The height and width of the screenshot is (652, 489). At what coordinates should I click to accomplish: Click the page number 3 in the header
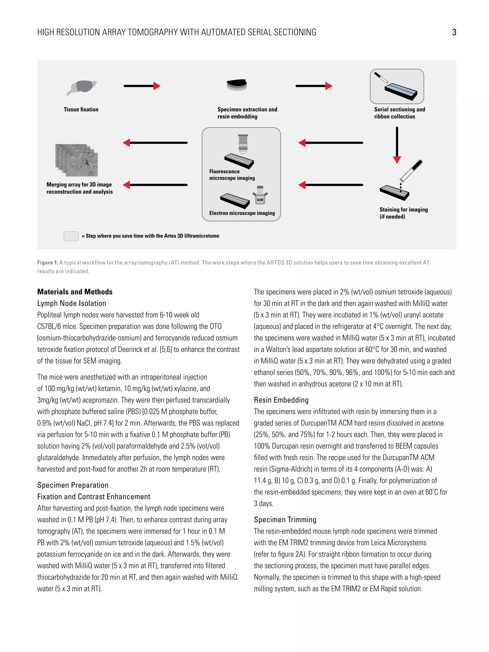(x=454, y=32)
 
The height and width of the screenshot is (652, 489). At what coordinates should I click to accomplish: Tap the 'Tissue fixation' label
(x=81, y=109)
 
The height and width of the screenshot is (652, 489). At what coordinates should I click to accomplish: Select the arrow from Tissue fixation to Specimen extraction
(x=142, y=86)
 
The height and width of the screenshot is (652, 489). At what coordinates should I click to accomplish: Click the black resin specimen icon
(x=236, y=85)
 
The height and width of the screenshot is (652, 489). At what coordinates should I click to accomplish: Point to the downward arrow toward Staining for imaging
(x=397, y=145)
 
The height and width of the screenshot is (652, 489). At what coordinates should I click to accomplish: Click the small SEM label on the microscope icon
(x=260, y=200)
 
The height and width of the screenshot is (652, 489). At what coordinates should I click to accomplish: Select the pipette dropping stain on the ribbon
(x=411, y=171)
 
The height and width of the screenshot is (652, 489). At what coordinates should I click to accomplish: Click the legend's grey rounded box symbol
(x=71, y=236)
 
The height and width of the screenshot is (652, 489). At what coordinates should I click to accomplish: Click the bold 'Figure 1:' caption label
(x=48, y=263)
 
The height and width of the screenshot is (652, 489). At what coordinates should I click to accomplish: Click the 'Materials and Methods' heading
(x=75, y=292)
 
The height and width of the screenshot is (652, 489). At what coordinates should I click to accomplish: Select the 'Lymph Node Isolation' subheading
(x=72, y=303)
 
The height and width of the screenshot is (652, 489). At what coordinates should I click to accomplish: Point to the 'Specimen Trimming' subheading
(x=285, y=520)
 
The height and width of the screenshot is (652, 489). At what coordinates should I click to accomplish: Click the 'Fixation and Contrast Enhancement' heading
(x=94, y=497)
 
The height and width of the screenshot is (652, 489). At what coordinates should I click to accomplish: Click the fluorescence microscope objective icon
(x=243, y=144)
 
